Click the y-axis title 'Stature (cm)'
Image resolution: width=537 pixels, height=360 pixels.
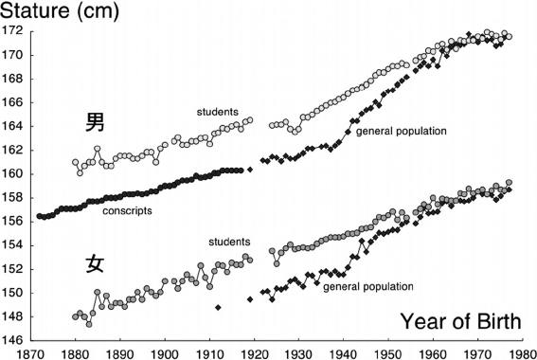(x=60, y=11)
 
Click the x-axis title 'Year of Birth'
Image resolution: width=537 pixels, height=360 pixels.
(x=460, y=321)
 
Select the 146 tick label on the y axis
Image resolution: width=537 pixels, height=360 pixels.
(x=12, y=340)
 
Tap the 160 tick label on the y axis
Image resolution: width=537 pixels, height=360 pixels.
(x=12, y=173)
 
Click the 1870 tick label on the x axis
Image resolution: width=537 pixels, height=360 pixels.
(x=31, y=353)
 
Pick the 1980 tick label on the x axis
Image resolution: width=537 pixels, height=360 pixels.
(x=522, y=353)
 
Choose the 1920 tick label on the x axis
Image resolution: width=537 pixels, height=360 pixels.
(x=254, y=353)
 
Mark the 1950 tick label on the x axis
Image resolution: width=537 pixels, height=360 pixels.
(x=388, y=353)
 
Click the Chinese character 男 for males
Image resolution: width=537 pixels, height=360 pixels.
(x=95, y=122)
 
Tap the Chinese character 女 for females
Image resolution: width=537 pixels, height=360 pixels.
(x=95, y=263)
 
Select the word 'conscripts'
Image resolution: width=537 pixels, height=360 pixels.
(x=127, y=210)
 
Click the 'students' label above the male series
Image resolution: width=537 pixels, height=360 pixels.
(x=218, y=112)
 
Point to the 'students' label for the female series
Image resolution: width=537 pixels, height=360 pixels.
(x=229, y=242)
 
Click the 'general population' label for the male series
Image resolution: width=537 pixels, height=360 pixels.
(x=402, y=131)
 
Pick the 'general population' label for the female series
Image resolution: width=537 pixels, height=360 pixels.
(x=368, y=286)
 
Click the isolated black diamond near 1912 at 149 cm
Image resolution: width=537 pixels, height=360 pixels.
(x=218, y=308)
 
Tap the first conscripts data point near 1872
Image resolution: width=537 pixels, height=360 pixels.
(x=40, y=216)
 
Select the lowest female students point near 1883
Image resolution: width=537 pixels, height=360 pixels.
(x=89, y=324)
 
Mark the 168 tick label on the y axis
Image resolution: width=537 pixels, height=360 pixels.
(x=12, y=79)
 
